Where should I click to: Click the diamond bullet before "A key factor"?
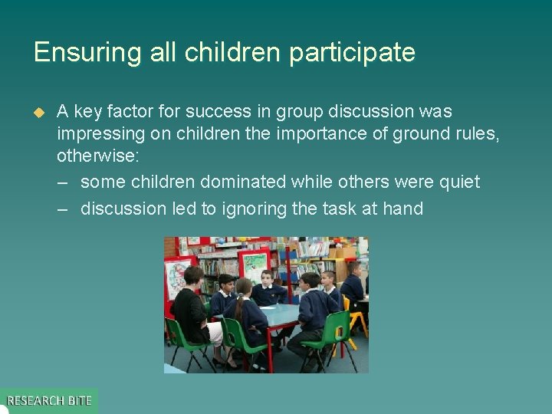(x=40, y=112)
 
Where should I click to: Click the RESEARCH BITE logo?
(x=49, y=400)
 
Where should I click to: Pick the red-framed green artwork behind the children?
(x=254, y=264)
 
